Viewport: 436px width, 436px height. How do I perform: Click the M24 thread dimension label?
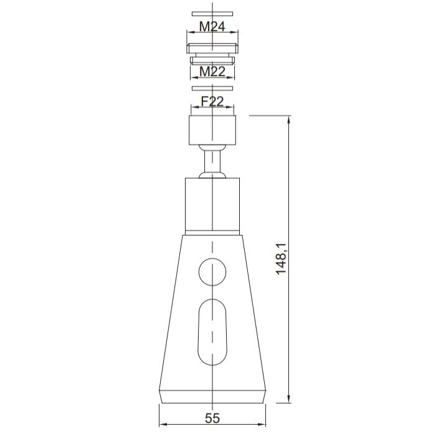[212, 27]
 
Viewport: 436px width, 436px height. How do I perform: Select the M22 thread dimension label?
[212, 72]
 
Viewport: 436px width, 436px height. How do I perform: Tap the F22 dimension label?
[212, 102]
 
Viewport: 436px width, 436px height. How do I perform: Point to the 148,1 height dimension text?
[281, 259]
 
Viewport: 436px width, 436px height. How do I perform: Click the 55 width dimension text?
[212, 418]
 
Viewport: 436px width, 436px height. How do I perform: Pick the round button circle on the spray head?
[212, 272]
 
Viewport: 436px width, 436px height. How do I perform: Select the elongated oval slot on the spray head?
[212, 332]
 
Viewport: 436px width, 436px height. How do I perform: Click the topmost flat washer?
[212, 14]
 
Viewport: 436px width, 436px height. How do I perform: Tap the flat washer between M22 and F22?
[212, 88]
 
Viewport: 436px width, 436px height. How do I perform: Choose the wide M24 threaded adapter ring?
[212, 48]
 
